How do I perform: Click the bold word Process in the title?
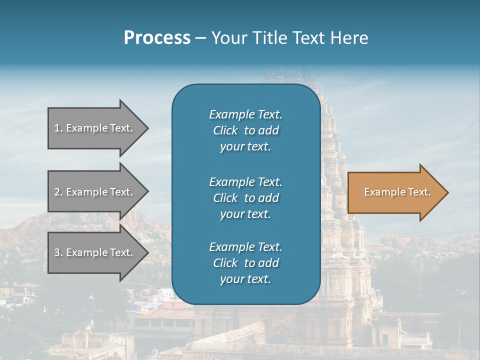click(x=157, y=37)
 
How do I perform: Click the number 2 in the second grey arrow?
click(x=57, y=192)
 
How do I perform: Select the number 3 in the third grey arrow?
click(x=57, y=252)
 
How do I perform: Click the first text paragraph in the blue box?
click(x=245, y=130)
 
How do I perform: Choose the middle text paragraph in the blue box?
click(x=245, y=198)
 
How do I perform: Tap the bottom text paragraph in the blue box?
click(x=245, y=263)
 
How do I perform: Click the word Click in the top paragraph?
click(x=225, y=130)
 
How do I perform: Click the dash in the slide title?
click(x=200, y=38)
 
